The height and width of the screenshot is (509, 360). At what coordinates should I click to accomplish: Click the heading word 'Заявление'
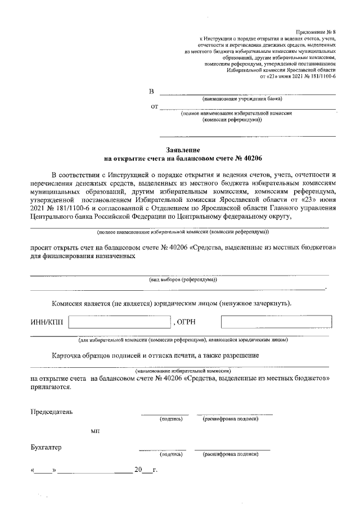[x=183, y=150]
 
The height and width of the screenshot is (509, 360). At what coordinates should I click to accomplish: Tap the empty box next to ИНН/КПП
[x=119, y=322]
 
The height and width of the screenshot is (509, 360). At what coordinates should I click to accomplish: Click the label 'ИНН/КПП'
[x=47, y=323]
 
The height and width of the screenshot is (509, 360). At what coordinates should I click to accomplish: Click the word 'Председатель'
[x=52, y=412]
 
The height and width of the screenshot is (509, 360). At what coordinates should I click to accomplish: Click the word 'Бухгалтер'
[x=46, y=448]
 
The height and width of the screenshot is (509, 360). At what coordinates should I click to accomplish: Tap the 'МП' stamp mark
[x=95, y=431]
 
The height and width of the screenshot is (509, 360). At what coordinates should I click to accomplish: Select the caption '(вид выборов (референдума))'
[x=183, y=280]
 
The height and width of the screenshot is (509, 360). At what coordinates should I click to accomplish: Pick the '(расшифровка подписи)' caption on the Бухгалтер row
[x=230, y=454]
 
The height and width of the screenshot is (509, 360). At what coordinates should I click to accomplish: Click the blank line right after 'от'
[x=247, y=106]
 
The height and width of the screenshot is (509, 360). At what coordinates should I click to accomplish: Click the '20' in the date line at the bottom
[x=137, y=469]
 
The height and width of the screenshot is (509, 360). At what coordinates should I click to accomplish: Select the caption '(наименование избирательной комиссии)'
[x=183, y=371]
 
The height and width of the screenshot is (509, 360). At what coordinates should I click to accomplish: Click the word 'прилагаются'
[x=51, y=388]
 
